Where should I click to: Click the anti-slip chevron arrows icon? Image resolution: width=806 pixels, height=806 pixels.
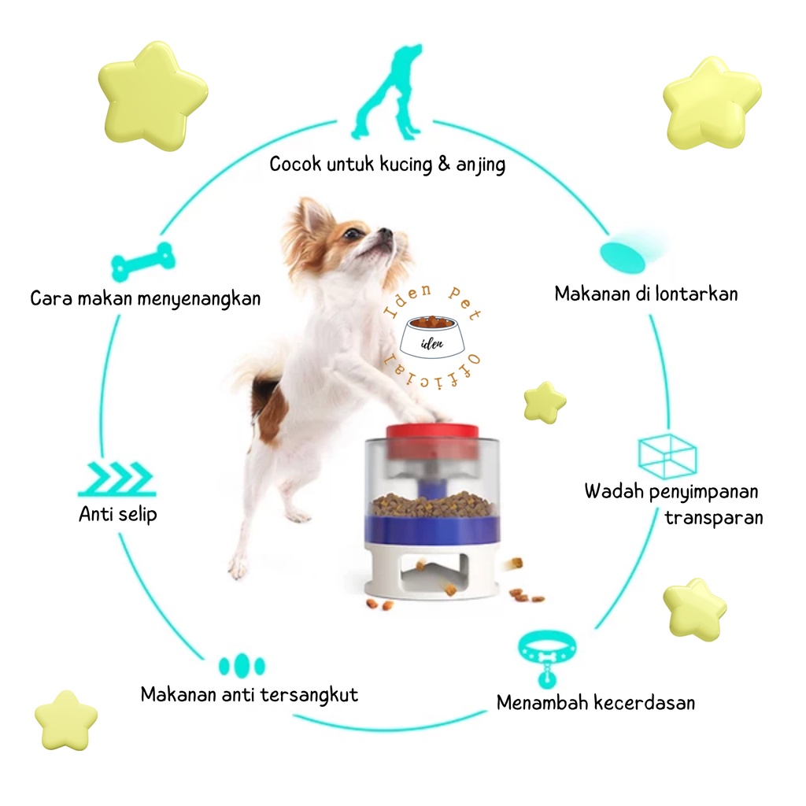point(116,479)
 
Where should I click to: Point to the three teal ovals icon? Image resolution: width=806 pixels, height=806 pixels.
point(242,665)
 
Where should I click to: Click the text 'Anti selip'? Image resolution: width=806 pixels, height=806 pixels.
point(117,515)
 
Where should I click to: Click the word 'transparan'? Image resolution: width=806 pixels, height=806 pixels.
point(713,518)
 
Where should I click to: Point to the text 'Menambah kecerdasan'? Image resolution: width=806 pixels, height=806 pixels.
point(596,702)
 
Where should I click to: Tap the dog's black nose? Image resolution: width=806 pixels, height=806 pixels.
point(386,233)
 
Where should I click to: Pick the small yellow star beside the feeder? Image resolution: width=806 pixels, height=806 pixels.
point(545,401)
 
